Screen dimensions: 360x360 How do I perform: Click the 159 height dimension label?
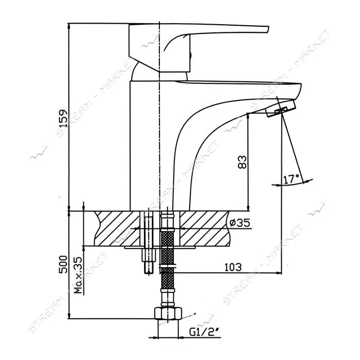62,118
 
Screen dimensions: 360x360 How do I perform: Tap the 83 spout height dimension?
242,162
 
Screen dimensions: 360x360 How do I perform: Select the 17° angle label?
292,179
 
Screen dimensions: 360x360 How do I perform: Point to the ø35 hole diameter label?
240,222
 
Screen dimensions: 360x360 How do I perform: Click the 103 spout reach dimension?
233,267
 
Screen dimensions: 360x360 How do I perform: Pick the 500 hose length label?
63,264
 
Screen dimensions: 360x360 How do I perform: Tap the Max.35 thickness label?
78,275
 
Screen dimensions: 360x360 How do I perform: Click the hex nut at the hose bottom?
168,313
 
